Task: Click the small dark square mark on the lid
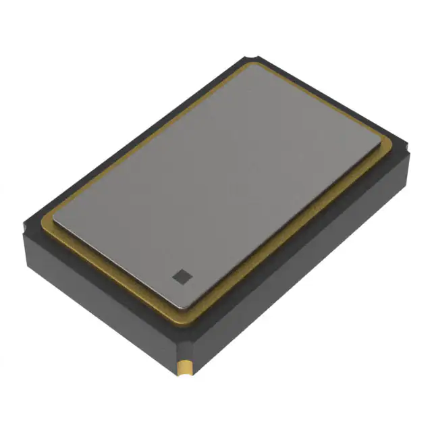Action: tap(181, 275)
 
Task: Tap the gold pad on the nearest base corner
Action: tap(184, 368)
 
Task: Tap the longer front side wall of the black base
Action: tap(304, 270)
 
